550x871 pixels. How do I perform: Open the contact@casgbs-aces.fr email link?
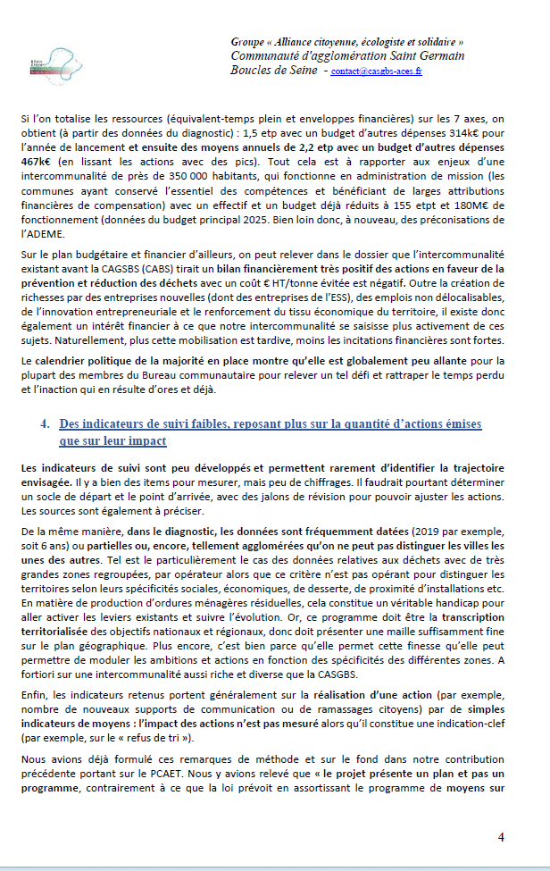(376, 71)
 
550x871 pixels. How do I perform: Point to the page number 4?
(501, 837)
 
